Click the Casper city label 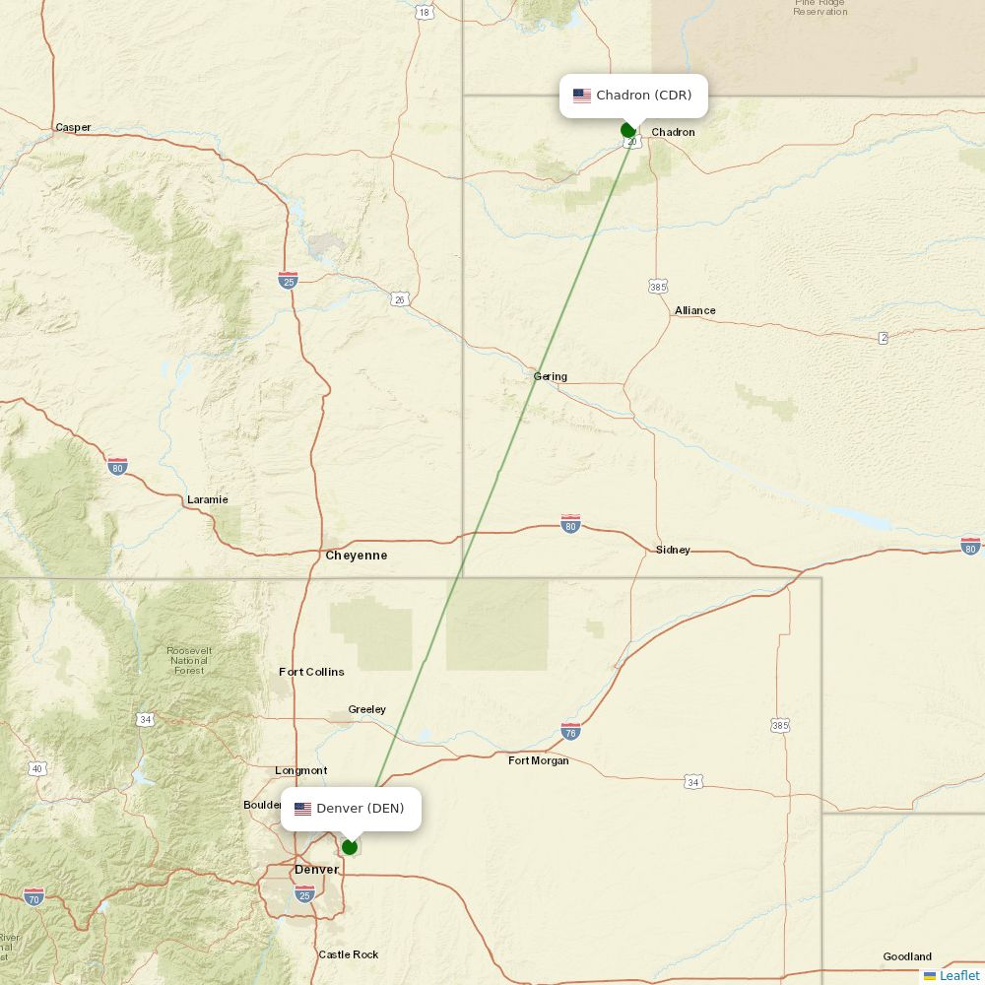[x=73, y=127]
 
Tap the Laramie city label [x=207, y=499]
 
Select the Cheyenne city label [x=356, y=556]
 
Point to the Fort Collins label [x=311, y=672]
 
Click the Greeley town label [x=366, y=709]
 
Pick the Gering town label [x=550, y=376]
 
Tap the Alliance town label [x=694, y=310]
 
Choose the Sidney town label [x=673, y=550]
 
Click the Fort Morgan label [x=538, y=760]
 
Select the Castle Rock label [x=348, y=954]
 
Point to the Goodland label [x=906, y=956]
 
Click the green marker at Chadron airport [x=628, y=130]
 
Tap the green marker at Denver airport [x=349, y=847]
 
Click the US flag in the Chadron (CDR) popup [x=582, y=96]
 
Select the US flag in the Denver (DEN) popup [x=302, y=809]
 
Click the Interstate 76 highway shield [x=570, y=731]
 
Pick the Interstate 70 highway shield [x=33, y=896]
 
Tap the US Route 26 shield [x=399, y=299]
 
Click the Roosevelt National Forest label [x=189, y=661]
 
